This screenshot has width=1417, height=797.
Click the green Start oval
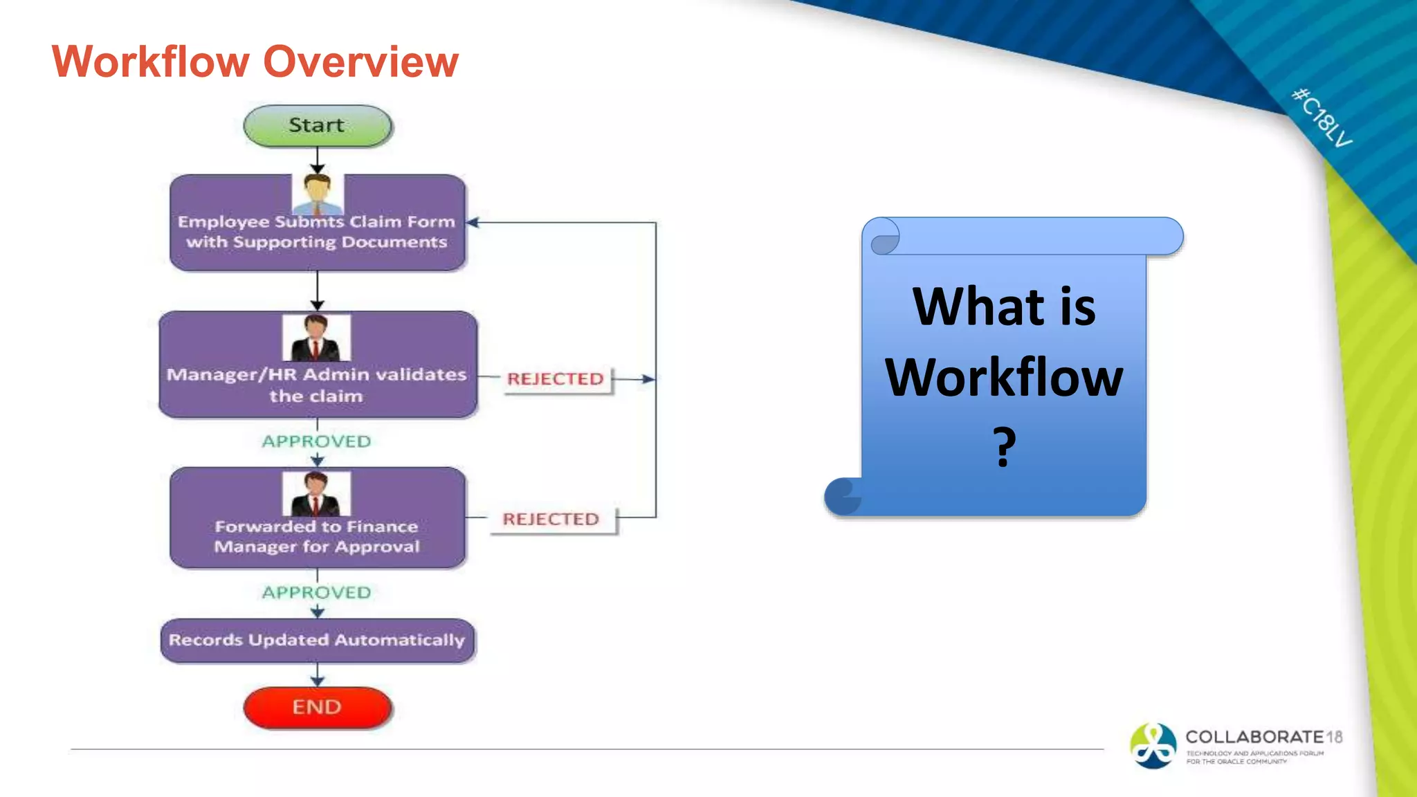pyautogui.click(x=318, y=126)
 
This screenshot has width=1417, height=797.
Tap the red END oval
pyautogui.click(x=318, y=707)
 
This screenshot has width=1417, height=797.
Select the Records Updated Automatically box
pyautogui.click(x=318, y=641)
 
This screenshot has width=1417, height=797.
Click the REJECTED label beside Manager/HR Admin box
pyautogui.click(x=556, y=379)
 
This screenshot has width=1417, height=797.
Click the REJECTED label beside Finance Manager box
pyautogui.click(x=551, y=519)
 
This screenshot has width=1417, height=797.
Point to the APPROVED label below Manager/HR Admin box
pyautogui.click(x=317, y=441)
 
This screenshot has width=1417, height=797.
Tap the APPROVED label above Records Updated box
pyautogui.click(x=317, y=593)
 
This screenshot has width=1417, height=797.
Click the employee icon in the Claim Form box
pyautogui.click(x=318, y=194)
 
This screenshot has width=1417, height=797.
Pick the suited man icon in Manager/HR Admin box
pyautogui.click(x=316, y=338)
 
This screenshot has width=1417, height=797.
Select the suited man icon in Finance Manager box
pyautogui.click(x=316, y=494)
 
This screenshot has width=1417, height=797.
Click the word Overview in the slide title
pyautogui.click(x=361, y=62)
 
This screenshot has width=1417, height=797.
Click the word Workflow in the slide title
pyautogui.click(x=150, y=62)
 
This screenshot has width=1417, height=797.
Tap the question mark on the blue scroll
pyautogui.click(x=1005, y=447)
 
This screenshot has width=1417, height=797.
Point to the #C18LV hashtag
pyautogui.click(x=1322, y=118)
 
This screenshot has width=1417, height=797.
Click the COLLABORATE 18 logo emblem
pyautogui.click(x=1153, y=746)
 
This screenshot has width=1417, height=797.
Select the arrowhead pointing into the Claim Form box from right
pyautogui.click(x=473, y=223)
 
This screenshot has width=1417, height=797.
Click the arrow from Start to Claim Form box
pyautogui.click(x=318, y=161)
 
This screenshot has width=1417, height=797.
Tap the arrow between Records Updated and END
pyautogui.click(x=318, y=675)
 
